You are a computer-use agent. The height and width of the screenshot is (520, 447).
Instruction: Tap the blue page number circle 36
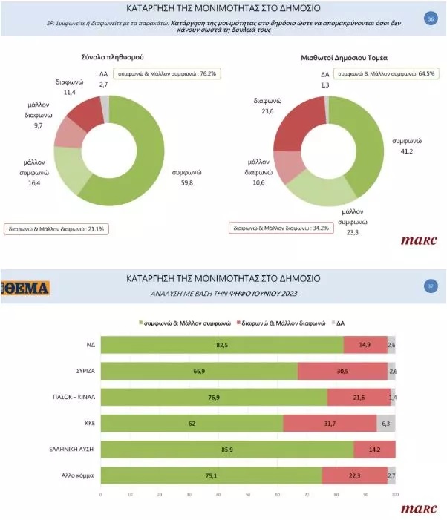click(429, 19)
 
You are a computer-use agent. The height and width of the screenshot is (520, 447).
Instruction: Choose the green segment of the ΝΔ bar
click(221, 345)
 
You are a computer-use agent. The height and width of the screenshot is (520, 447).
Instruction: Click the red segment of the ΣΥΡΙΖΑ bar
click(342, 371)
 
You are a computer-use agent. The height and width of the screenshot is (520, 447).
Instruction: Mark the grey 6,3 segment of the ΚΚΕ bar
click(386, 423)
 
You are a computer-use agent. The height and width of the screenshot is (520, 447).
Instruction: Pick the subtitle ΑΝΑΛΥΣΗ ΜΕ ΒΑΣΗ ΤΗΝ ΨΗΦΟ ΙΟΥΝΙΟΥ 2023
click(223, 294)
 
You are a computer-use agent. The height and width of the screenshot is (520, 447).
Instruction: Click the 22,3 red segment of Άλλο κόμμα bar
click(355, 475)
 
